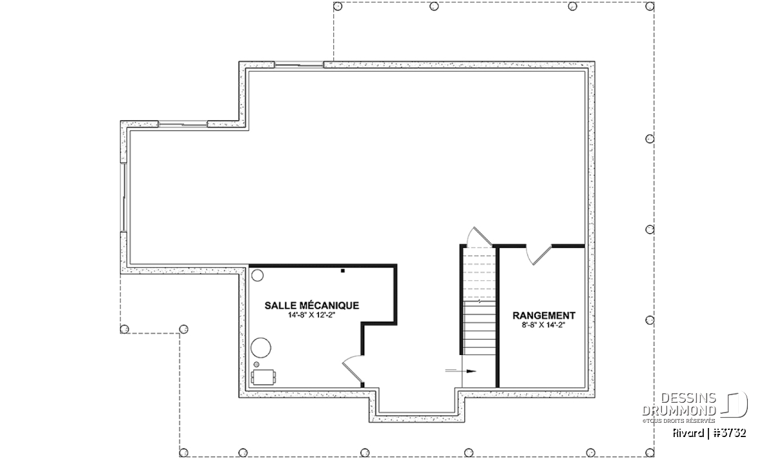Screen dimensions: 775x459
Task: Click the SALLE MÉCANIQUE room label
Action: click(x=312, y=305)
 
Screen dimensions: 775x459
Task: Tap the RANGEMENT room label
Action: click(x=544, y=316)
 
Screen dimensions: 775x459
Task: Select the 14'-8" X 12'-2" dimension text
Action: click(x=312, y=315)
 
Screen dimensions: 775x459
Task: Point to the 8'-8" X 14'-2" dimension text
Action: click(x=544, y=325)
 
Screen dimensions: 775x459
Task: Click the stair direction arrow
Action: click(x=460, y=371)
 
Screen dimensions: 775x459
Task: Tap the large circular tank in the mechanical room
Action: click(x=261, y=347)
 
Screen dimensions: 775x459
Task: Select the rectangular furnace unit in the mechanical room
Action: click(x=263, y=377)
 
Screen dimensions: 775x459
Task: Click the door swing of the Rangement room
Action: click(x=539, y=254)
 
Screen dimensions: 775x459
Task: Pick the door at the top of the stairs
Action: click(x=479, y=236)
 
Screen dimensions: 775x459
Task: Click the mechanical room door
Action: click(x=353, y=371)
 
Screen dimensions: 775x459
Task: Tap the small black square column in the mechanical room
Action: click(x=342, y=271)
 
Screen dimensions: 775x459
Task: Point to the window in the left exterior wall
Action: click(x=123, y=197)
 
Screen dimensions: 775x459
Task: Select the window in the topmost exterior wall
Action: click(x=299, y=65)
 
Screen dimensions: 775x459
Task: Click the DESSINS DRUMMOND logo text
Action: click(x=679, y=404)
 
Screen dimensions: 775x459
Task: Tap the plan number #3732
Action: click(x=730, y=433)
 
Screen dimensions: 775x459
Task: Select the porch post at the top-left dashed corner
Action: click(x=338, y=6)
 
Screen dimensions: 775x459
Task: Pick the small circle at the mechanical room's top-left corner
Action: click(x=257, y=275)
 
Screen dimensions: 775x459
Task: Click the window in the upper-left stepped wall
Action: click(x=183, y=124)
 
